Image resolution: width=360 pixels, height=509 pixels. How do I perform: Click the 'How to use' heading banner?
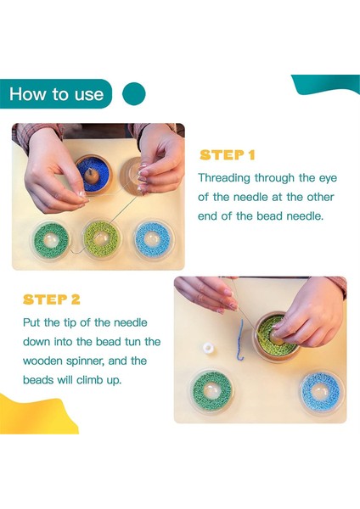(56, 94)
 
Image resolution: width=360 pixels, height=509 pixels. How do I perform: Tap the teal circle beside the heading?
(134, 94)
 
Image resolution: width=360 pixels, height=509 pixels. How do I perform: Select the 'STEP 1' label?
(227, 155)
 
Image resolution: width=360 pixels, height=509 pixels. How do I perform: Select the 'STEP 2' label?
(51, 299)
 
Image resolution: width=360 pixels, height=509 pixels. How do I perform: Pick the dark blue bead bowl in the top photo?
(90, 175)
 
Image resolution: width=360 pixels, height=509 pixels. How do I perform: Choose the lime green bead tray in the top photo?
(101, 239)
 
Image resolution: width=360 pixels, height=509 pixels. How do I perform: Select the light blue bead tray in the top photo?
(154, 239)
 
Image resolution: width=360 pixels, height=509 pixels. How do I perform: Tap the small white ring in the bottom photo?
(208, 348)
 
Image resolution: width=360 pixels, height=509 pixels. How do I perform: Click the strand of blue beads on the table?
(241, 339)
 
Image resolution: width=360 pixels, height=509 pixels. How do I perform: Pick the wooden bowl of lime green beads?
(276, 338)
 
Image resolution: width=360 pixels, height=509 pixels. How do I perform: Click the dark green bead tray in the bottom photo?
(211, 390)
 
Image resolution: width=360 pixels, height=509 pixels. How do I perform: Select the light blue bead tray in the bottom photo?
(321, 391)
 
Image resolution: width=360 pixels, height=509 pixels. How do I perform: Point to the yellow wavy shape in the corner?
(36, 417)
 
